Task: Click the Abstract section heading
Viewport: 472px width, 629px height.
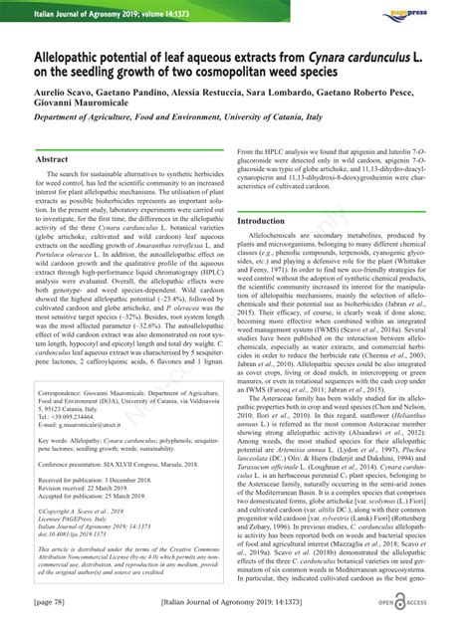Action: pos(52,159)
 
